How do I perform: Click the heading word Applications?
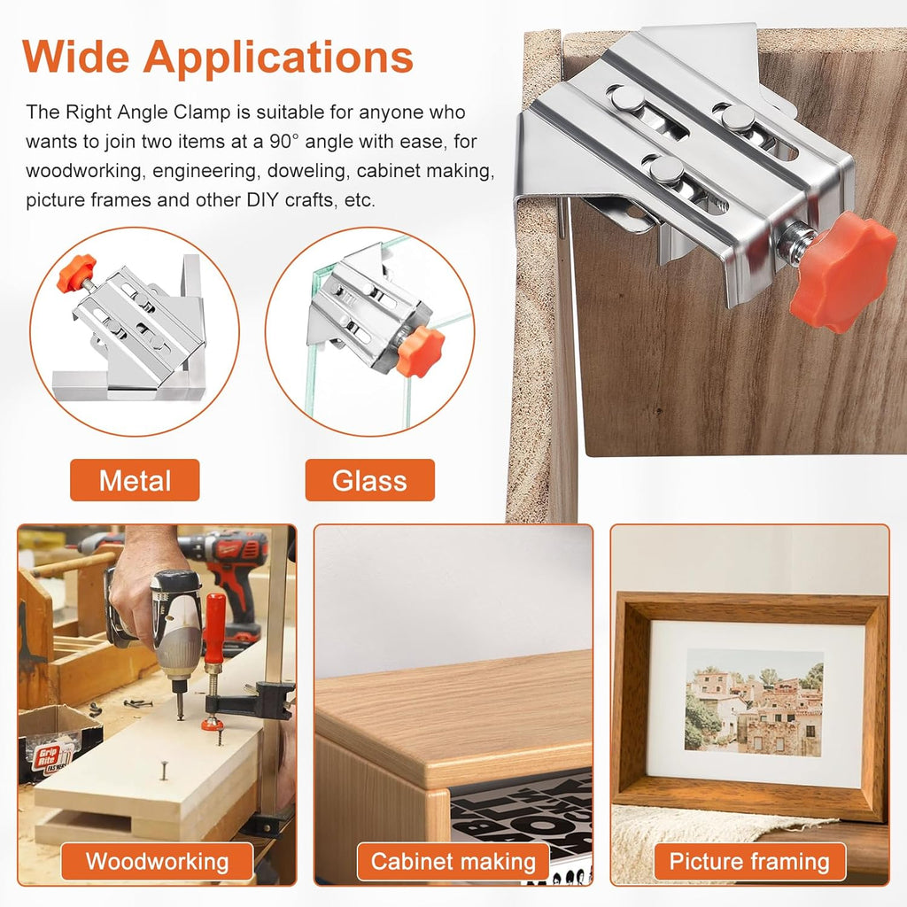278,58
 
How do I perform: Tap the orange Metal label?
135,481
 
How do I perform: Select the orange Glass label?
369,481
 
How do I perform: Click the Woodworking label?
157,861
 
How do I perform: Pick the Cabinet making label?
453,861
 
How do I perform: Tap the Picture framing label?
749,861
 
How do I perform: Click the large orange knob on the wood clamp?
841,271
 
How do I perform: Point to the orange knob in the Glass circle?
420,350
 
